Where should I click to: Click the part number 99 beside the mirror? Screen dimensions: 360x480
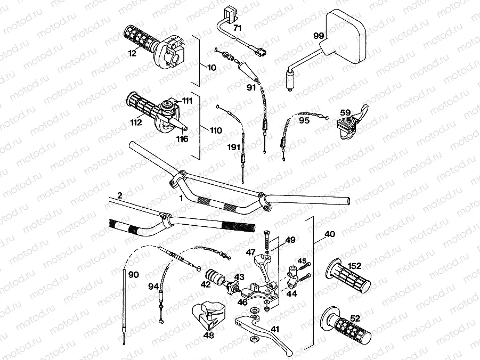pyautogui.click(x=319, y=36)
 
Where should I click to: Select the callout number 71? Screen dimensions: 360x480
pyautogui.click(x=237, y=27)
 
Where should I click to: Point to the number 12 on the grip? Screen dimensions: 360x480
pyautogui.click(x=132, y=52)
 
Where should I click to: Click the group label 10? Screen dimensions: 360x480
pyautogui.click(x=212, y=68)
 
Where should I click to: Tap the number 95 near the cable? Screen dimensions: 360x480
pyautogui.click(x=304, y=121)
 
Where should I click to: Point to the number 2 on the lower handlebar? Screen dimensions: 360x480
pyautogui.click(x=120, y=195)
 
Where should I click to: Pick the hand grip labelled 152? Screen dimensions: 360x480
pyautogui.click(x=349, y=277)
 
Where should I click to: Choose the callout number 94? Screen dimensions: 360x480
pyautogui.click(x=153, y=287)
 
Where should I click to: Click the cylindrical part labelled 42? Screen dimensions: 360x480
pyautogui.click(x=216, y=278)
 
